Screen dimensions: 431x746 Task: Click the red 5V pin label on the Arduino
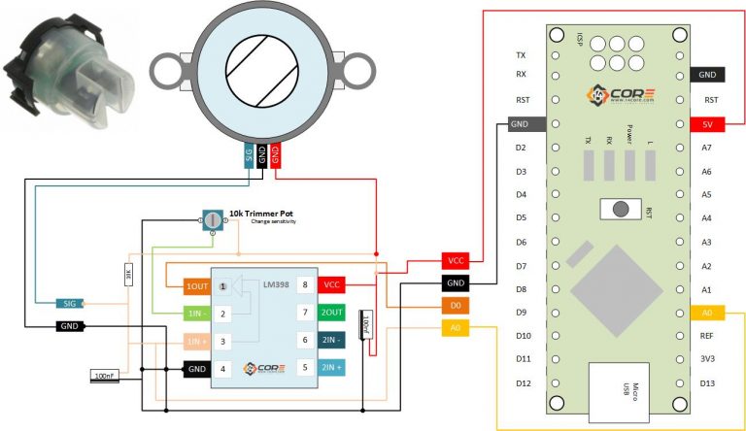pyautogui.click(x=707, y=124)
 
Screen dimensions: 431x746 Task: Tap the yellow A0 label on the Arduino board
pyautogui.click(x=707, y=313)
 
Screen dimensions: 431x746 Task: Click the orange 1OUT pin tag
pyautogui.click(x=196, y=286)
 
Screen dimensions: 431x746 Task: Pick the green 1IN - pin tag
pyautogui.click(x=196, y=313)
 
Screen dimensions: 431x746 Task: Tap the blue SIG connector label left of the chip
pyautogui.click(x=69, y=303)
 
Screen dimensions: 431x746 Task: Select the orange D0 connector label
pyautogui.click(x=456, y=305)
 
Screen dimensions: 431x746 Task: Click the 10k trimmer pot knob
pyautogui.click(x=213, y=222)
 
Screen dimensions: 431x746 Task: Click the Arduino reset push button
pyautogui.click(x=616, y=209)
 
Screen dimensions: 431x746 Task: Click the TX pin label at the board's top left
pyautogui.click(x=522, y=55)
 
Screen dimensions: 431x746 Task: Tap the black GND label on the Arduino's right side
pyautogui.click(x=707, y=75)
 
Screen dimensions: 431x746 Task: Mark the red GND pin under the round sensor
pyautogui.click(x=276, y=155)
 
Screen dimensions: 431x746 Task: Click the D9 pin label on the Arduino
pyautogui.click(x=522, y=313)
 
